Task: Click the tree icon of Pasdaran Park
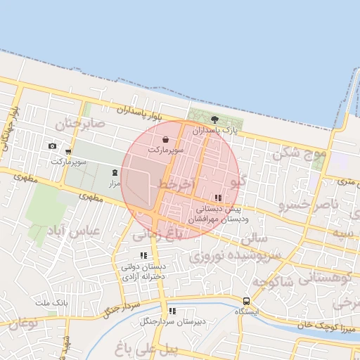pos(214,120)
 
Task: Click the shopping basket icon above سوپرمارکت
pos(165,139)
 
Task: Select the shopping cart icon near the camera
pos(68,151)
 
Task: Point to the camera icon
pos(52,146)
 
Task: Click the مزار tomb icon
pos(115,173)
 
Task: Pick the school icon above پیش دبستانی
pos(218,198)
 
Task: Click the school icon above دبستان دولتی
pos(143,256)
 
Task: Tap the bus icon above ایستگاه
pos(246,300)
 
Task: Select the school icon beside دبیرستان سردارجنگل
pos(172,311)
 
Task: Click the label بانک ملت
pos(51,302)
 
